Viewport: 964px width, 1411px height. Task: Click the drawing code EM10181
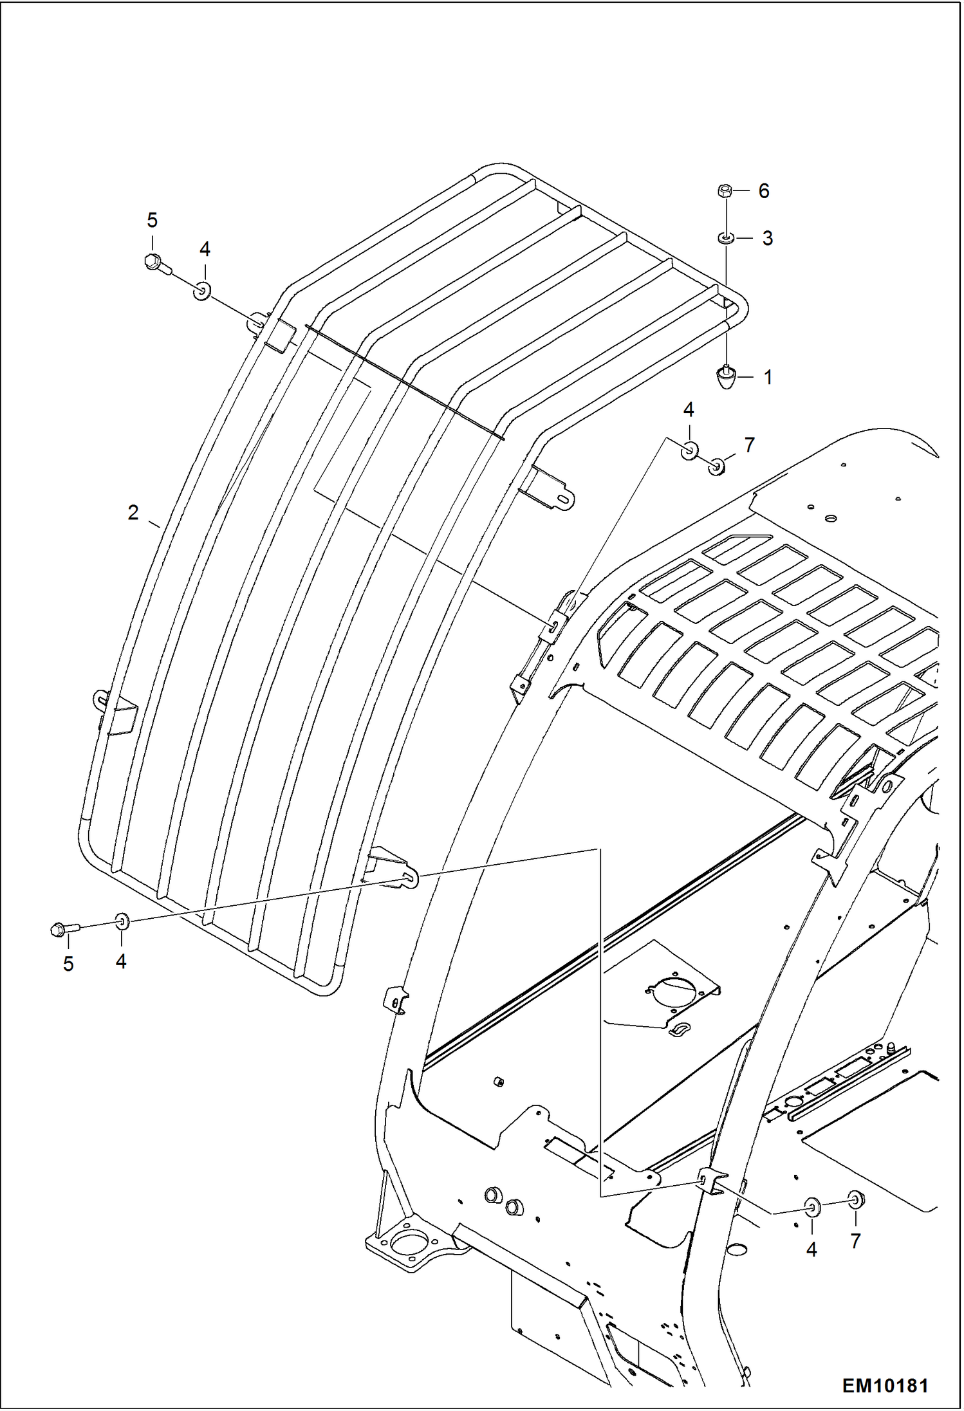coord(885,1385)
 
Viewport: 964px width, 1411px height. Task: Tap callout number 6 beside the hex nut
coord(764,190)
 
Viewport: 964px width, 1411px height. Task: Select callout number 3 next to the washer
coord(767,238)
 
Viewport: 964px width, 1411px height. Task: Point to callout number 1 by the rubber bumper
coord(767,377)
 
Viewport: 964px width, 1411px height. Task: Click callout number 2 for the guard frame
coord(133,512)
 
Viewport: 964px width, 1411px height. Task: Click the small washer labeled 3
coord(726,238)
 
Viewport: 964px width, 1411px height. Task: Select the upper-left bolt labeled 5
coord(155,263)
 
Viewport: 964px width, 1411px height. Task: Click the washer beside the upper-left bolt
coord(203,292)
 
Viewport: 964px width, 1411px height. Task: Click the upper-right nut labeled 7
coord(717,465)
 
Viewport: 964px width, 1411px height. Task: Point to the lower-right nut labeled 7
coord(856,1199)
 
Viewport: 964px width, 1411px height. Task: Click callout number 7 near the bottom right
coord(855,1241)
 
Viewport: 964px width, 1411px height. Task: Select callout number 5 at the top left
coord(152,221)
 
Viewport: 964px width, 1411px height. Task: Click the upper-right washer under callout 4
coord(689,450)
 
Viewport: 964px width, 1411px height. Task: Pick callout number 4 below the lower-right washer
coord(811,1250)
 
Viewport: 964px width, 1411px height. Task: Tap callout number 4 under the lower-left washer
coord(121,961)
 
